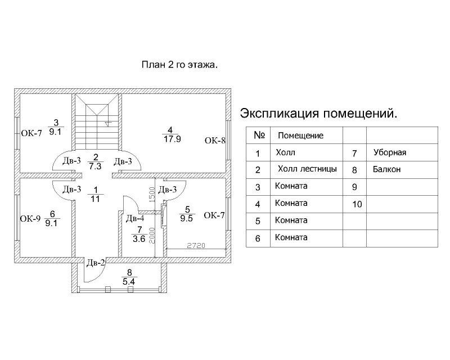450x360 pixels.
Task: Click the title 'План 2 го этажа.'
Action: tap(179, 65)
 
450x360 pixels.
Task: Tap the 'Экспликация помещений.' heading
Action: tap(318, 114)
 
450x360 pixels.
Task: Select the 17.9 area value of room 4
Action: tap(172, 139)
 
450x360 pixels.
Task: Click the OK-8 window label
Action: tap(215, 141)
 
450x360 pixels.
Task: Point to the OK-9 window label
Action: tap(30, 219)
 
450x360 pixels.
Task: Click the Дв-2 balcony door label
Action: tap(96, 262)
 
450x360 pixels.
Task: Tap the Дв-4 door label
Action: tap(135, 218)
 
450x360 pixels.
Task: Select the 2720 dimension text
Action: tap(196, 245)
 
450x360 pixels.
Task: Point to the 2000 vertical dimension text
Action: tap(152, 236)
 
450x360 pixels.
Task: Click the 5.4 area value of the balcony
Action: tap(129, 282)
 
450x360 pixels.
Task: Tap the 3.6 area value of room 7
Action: tap(139, 239)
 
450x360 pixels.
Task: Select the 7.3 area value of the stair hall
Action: tap(95, 166)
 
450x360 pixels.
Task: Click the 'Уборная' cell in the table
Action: tap(390, 152)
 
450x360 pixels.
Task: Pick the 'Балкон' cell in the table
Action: tap(386, 169)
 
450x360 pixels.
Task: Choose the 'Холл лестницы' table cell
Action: tap(307, 169)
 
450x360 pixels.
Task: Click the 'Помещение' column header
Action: tap(300, 136)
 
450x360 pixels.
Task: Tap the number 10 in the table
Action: tap(357, 204)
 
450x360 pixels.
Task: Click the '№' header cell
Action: tap(259, 135)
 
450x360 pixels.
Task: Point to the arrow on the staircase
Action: tap(108, 124)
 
